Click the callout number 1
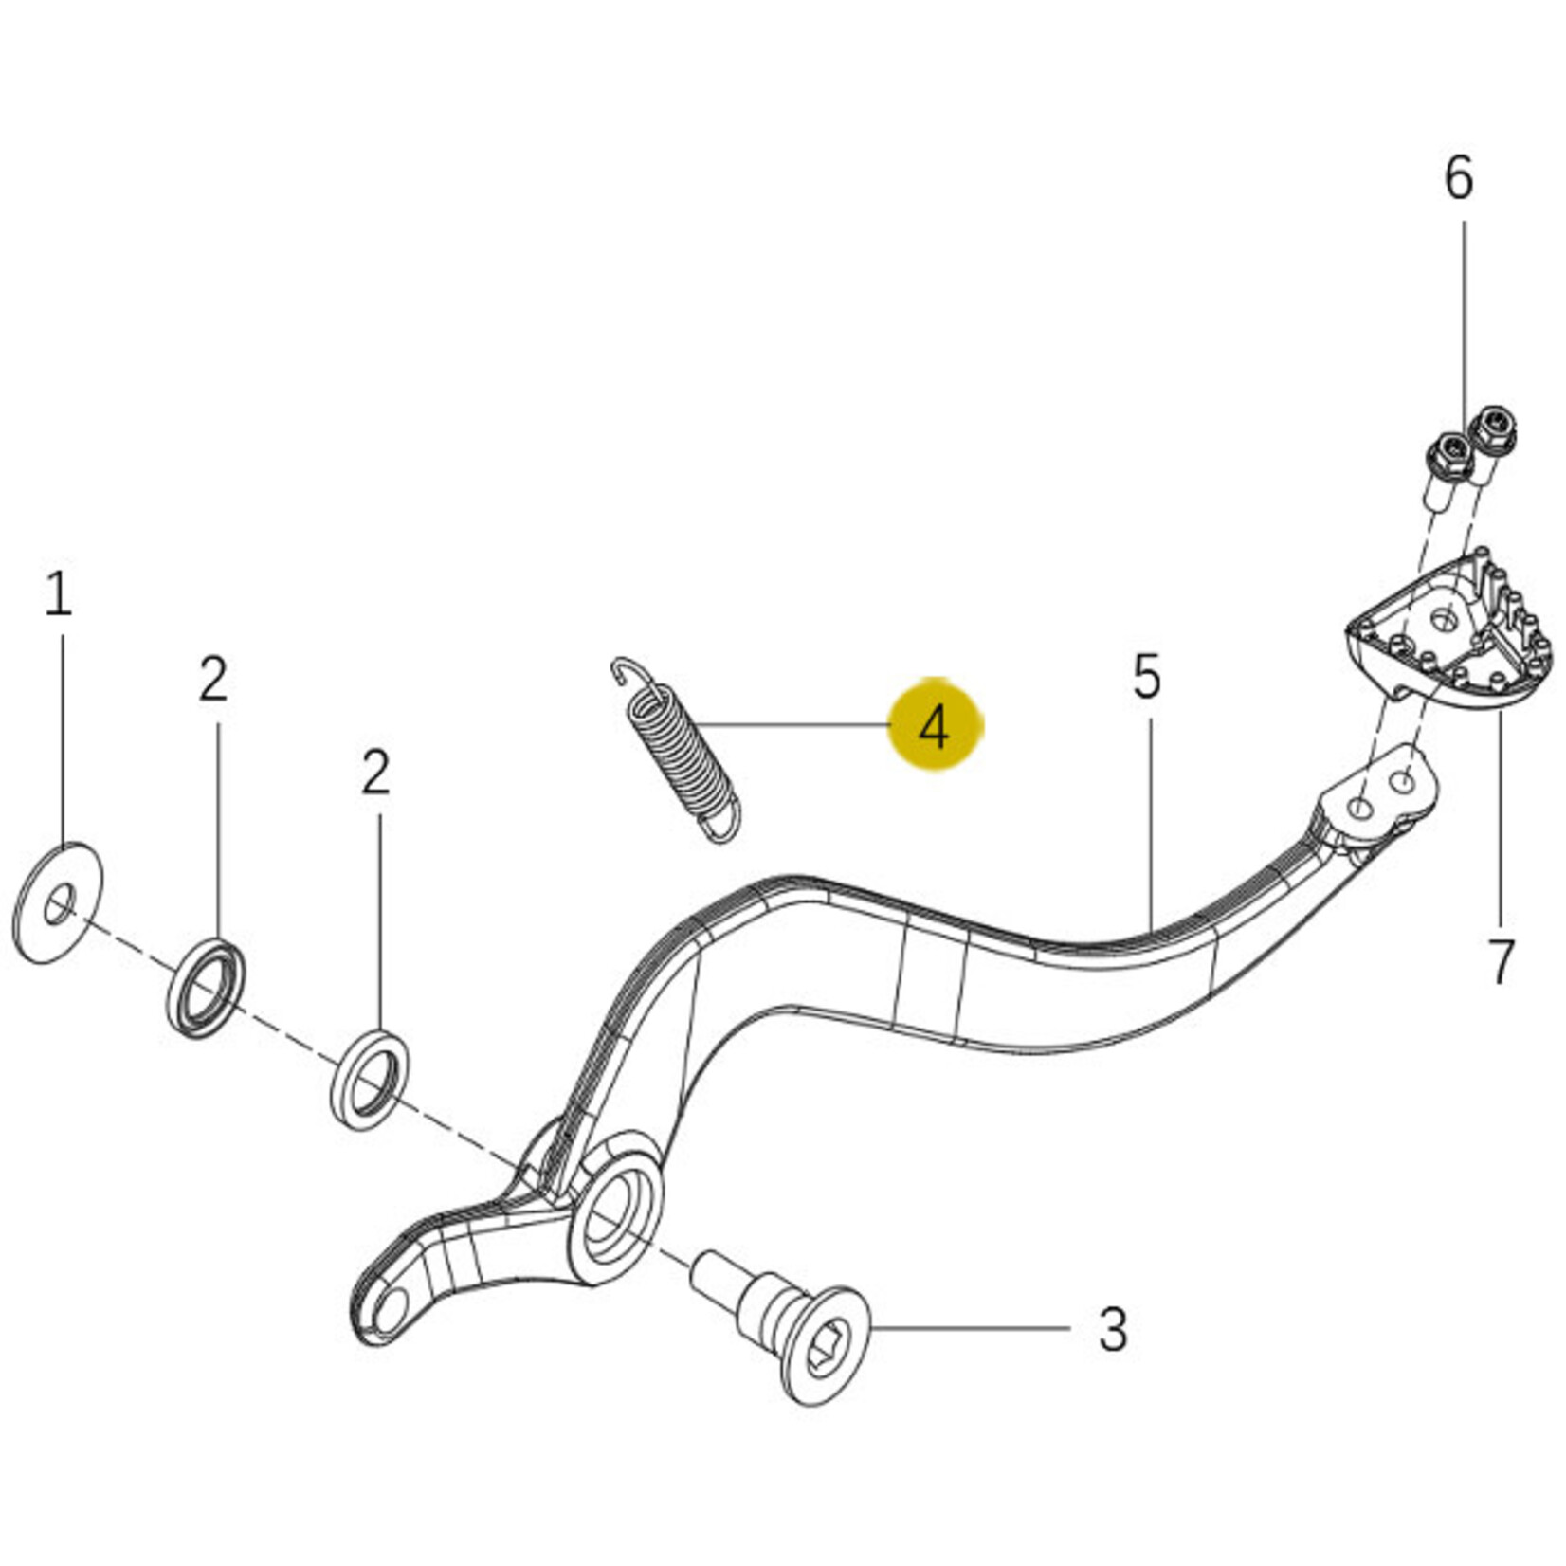click(x=58, y=594)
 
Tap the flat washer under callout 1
click(x=57, y=903)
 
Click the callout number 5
click(x=1147, y=677)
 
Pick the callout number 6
click(x=1459, y=178)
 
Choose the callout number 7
click(x=1501, y=961)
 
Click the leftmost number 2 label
click(x=213, y=680)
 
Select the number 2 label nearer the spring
click(x=375, y=773)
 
